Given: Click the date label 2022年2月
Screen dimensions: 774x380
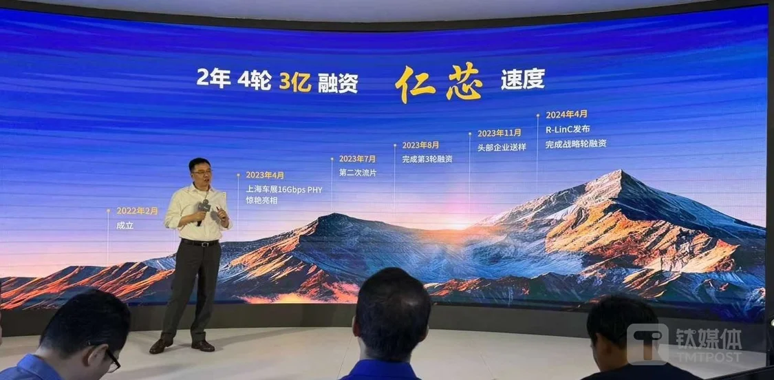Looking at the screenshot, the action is (x=137, y=211).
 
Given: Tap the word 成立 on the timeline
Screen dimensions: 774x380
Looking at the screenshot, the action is (x=121, y=226).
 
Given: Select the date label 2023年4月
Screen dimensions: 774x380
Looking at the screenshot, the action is (x=265, y=175).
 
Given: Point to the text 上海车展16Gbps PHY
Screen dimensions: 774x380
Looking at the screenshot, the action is (x=284, y=189).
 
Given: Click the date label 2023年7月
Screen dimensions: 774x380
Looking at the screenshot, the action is (x=357, y=159).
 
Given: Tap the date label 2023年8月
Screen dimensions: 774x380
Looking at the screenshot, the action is (x=420, y=145).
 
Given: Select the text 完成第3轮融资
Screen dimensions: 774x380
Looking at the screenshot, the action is (x=427, y=160).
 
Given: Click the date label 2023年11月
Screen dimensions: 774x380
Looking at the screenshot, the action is (x=499, y=134).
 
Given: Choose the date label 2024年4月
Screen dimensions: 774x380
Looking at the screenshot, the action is (x=566, y=115).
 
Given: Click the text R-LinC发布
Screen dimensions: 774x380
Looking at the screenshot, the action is (x=568, y=129).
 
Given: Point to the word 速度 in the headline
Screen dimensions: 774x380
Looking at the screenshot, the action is (x=522, y=81).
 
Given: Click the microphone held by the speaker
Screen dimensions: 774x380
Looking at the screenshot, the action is (x=203, y=210).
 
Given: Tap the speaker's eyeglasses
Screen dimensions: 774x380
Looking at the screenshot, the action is (x=202, y=172).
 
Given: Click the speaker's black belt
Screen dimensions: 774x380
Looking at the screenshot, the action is (x=200, y=242).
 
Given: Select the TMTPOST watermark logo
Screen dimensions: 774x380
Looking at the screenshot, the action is (x=684, y=344).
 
